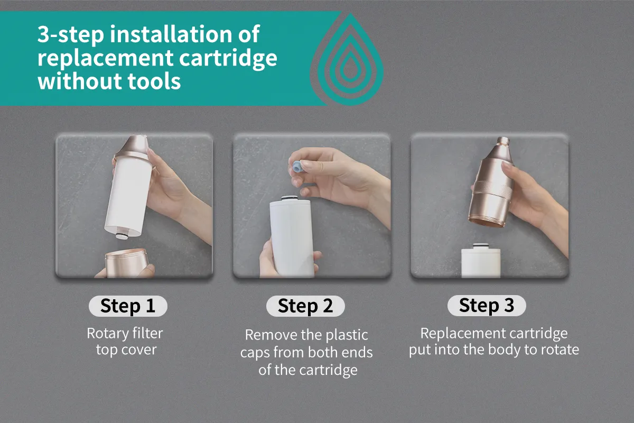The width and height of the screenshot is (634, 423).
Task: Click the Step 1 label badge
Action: click(128, 306)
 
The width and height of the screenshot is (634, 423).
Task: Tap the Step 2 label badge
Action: click(305, 306)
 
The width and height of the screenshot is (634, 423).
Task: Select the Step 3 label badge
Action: click(487, 306)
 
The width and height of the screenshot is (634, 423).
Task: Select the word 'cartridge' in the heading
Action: click(228, 59)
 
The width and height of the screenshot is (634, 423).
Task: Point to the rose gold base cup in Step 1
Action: click(126, 263)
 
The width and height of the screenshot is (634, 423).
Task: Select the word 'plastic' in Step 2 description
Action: click(347, 336)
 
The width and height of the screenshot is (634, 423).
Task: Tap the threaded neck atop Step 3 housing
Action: click(503, 141)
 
